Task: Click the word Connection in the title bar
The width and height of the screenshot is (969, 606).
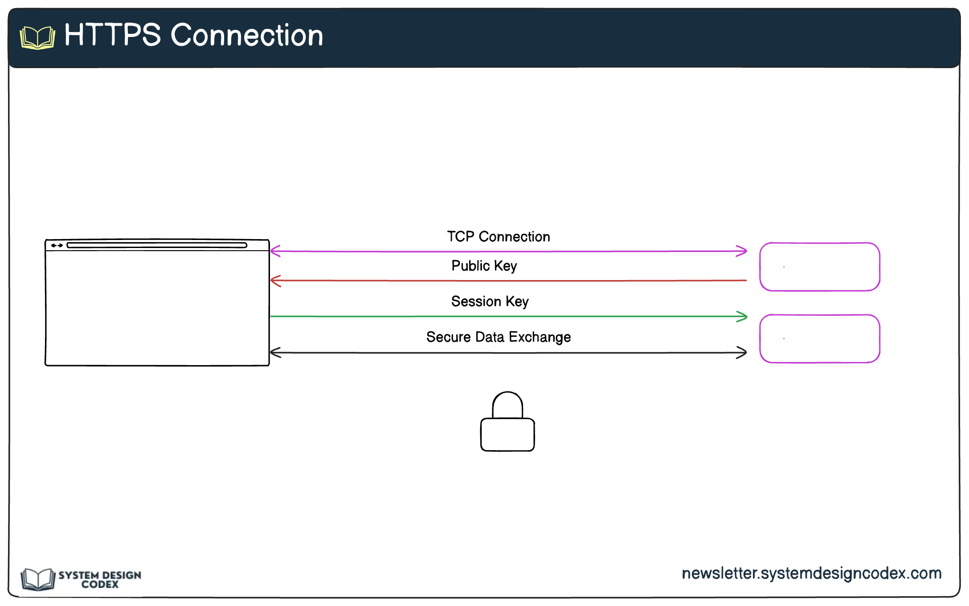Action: [x=247, y=36]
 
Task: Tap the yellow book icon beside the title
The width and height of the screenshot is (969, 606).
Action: [x=37, y=37]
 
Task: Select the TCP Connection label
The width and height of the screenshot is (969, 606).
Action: [x=498, y=236]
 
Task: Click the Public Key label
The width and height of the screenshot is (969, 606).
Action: [x=484, y=266]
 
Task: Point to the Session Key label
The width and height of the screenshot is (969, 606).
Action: [x=490, y=301]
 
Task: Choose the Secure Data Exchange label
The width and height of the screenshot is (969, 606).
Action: [x=498, y=337]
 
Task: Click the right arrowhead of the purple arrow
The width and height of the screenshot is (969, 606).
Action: [x=742, y=251]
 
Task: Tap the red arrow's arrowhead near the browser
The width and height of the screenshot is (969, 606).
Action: [x=275, y=281]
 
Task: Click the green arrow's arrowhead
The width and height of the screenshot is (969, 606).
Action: [x=742, y=317]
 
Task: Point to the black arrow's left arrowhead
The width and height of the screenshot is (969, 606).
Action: [x=275, y=353]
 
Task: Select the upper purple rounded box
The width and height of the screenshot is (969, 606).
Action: [x=819, y=267]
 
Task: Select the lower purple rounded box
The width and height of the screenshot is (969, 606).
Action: [x=819, y=339]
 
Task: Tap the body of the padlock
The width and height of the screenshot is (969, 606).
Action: [x=507, y=435]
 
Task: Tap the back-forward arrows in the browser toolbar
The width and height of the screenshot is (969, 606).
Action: [x=57, y=245]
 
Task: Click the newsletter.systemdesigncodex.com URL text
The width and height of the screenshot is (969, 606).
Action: [x=811, y=573]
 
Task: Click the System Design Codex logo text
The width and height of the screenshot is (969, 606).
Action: [x=100, y=580]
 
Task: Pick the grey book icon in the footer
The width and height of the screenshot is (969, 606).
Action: [x=38, y=579]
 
